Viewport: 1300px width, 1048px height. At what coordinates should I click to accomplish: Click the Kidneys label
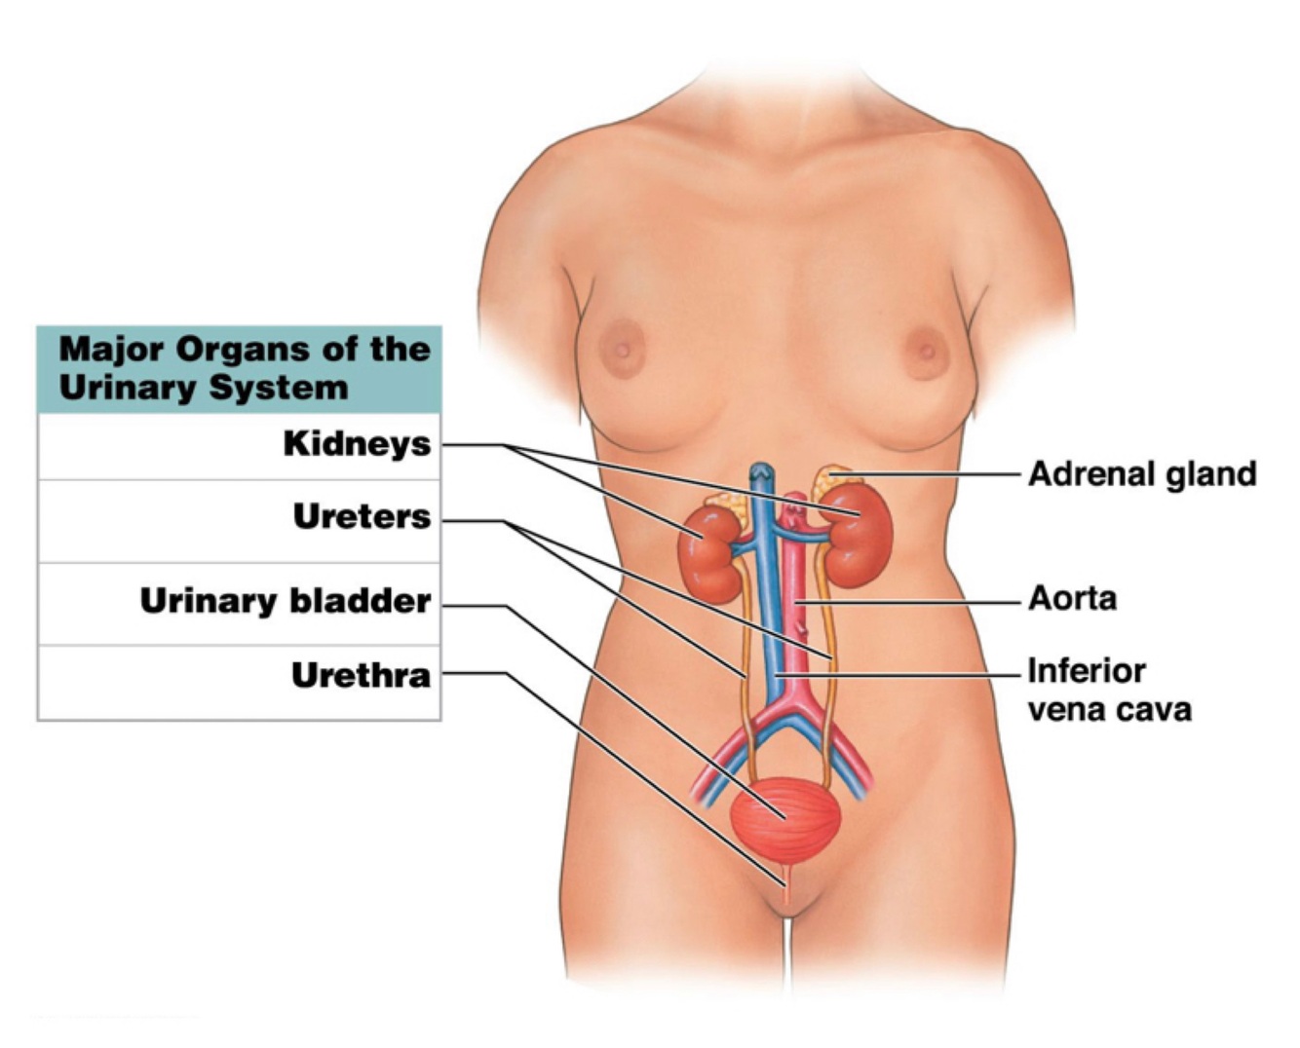coord(357,444)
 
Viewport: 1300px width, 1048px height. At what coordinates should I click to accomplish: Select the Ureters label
coord(362,517)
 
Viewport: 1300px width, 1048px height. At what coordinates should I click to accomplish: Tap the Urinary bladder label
coord(286,601)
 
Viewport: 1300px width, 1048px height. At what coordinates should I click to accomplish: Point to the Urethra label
coord(361,675)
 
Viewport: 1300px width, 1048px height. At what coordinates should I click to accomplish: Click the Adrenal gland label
coord(1142,474)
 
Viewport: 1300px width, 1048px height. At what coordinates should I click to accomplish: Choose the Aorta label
coord(1072,598)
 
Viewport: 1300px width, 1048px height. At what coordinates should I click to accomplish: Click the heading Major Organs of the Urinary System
coord(244,368)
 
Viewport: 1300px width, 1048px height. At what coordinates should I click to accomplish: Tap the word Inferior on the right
coord(1086,671)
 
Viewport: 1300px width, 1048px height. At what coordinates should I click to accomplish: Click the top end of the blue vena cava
coord(759,471)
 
